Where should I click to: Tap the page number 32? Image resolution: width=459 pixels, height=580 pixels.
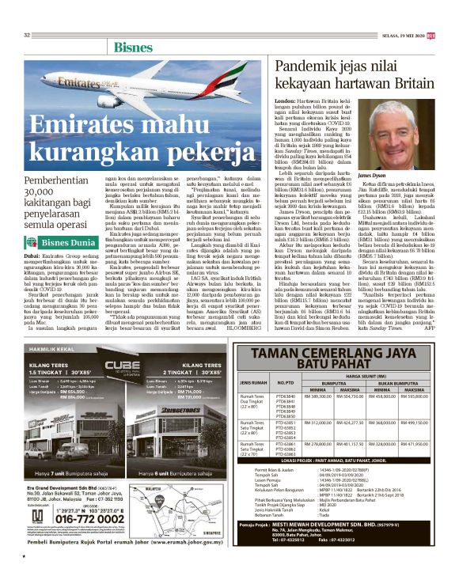[x=26, y=35]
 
